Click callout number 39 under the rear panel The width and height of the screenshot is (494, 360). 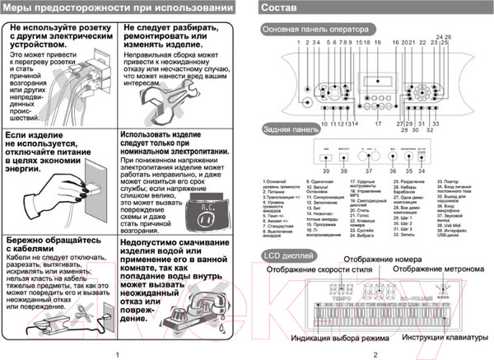(325, 171)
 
